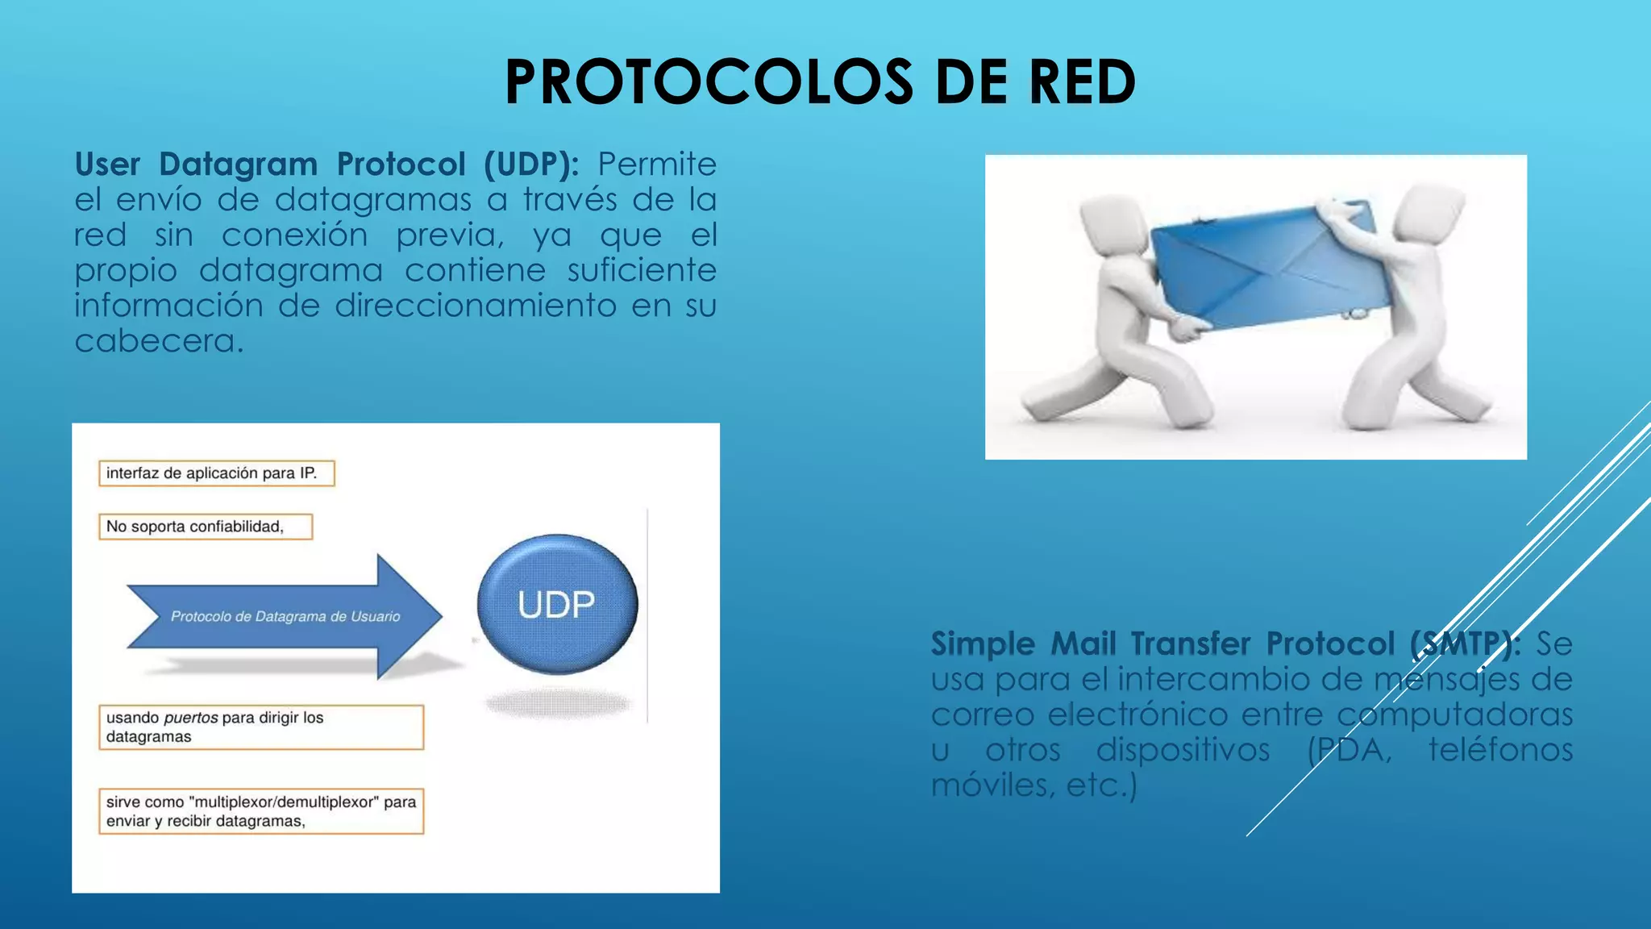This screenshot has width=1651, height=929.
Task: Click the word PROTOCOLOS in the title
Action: tap(709, 82)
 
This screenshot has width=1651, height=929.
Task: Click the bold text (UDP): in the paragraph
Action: tap(531, 165)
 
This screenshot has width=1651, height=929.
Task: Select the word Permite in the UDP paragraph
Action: tap(656, 165)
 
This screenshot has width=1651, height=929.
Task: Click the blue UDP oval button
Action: tap(557, 604)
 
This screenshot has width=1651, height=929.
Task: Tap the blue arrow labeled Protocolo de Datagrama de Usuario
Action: tap(285, 617)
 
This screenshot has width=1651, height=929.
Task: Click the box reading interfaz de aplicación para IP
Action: tap(216, 473)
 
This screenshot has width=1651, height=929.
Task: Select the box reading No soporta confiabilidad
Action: tap(205, 527)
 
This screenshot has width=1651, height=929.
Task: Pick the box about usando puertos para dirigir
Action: tap(260, 727)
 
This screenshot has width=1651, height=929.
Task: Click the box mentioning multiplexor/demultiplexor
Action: tap(260, 811)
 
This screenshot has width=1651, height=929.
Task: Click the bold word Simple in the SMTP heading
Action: tap(983, 644)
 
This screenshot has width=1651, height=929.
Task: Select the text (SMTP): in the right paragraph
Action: tap(1465, 644)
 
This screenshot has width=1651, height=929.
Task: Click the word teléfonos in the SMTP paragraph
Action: tap(1500, 750)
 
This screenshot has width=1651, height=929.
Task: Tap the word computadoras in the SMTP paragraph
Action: tap(1454, 714)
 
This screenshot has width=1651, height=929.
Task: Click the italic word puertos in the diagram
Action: tap(190, 718)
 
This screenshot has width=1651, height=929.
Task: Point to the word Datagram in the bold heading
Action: tap(238, 165)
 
